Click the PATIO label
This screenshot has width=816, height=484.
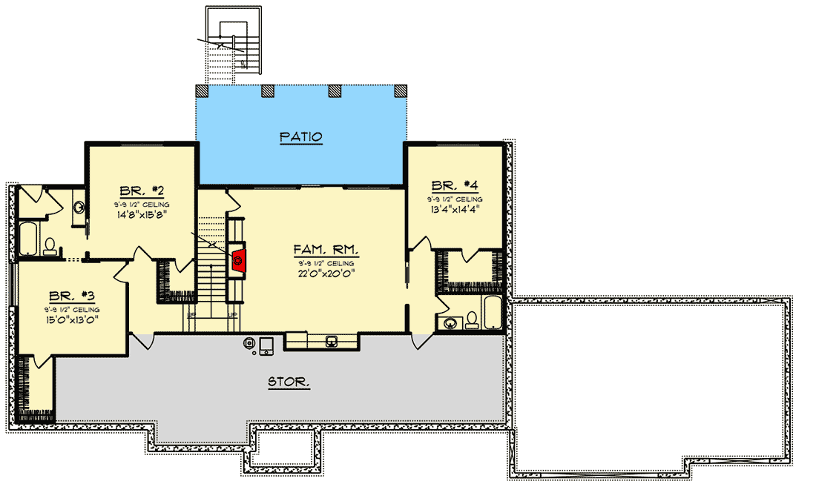pyautogui.click(x=300, y=137)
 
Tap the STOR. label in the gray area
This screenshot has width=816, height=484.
pyautogui.click(x=289, y=382)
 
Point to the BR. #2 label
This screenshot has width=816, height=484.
pyautogui.click(x=139, y=190)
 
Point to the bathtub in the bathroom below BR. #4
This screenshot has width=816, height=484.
pyautogui.click(x=491, y=314)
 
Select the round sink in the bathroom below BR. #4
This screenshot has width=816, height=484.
pyautogui.click(x=450, y=322)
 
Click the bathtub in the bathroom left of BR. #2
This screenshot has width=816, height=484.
pyautogui.click(x=28, y=236)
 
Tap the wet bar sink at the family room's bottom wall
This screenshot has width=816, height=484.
pyautogui.click(x=332, y=340)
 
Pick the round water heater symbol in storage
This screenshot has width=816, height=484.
pyautogui.click(x=251, y=344)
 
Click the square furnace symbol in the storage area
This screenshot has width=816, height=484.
pyautogui.click(x=266, y=345)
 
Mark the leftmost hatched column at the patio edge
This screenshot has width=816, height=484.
pyautogui.click(x=201, y=90)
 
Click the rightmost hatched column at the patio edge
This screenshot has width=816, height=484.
pyautogui.click(x=401, y=90)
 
